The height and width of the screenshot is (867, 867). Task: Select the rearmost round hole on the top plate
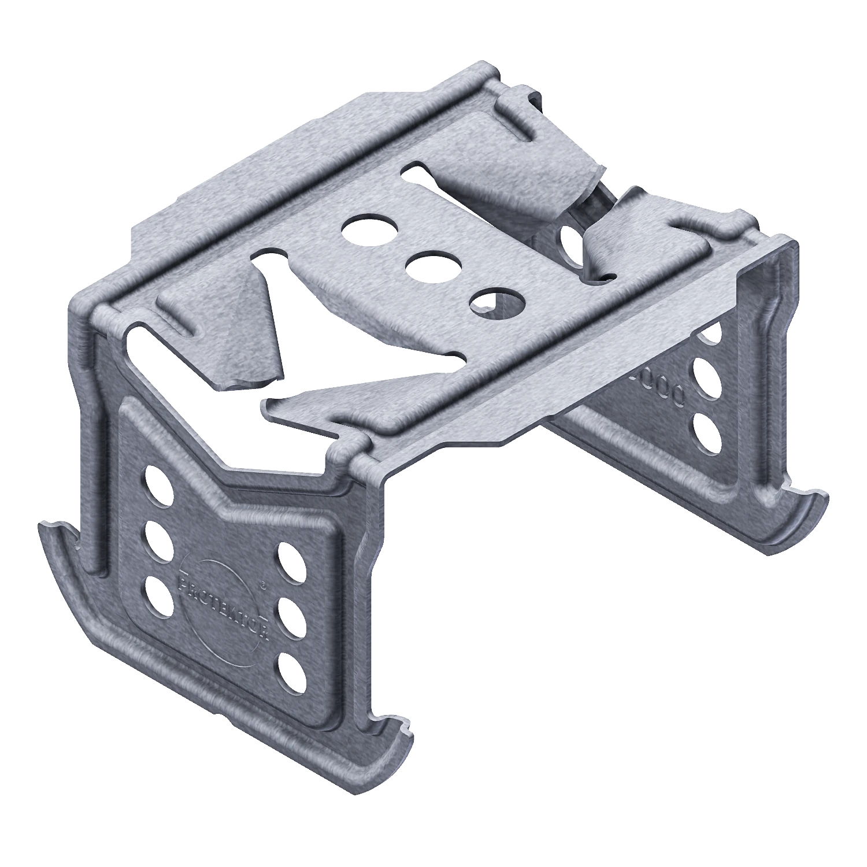(x=370, y=228)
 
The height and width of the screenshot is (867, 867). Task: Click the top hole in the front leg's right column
(x=294, y=561)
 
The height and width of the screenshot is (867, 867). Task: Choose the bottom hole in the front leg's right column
(x=293, y=672)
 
